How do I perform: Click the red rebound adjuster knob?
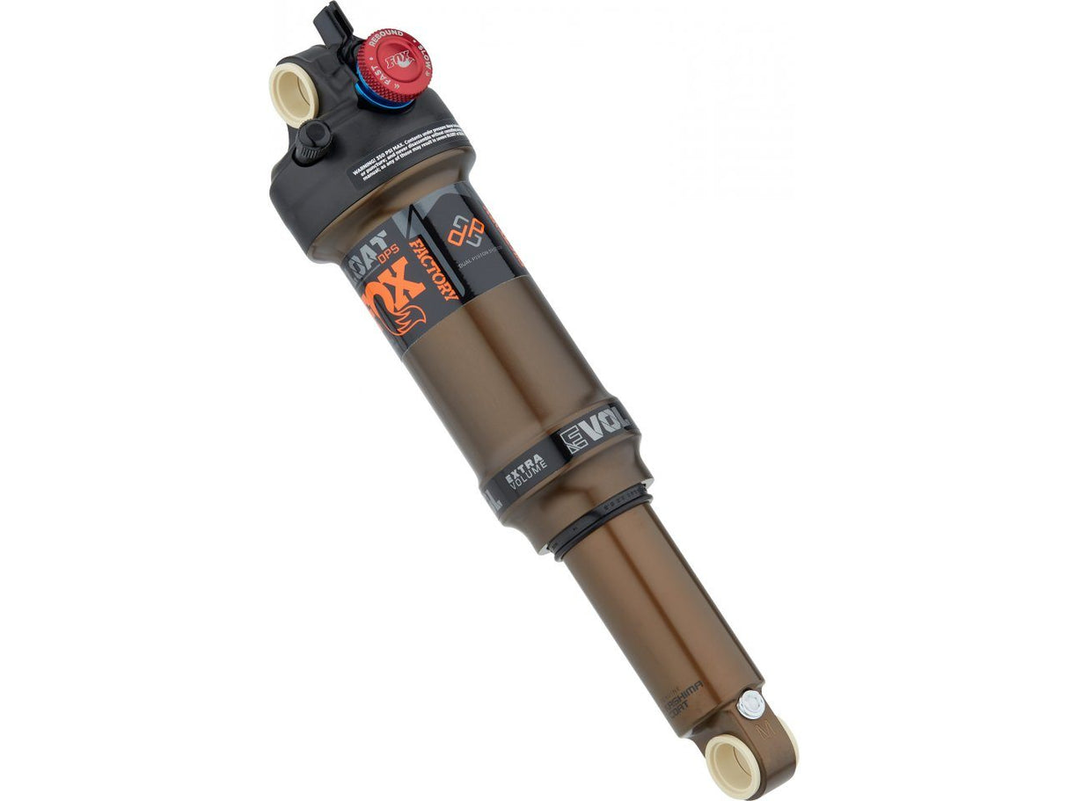coord(388,62)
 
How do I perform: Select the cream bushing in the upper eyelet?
coord(293,93)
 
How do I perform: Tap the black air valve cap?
coord(311,142)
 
